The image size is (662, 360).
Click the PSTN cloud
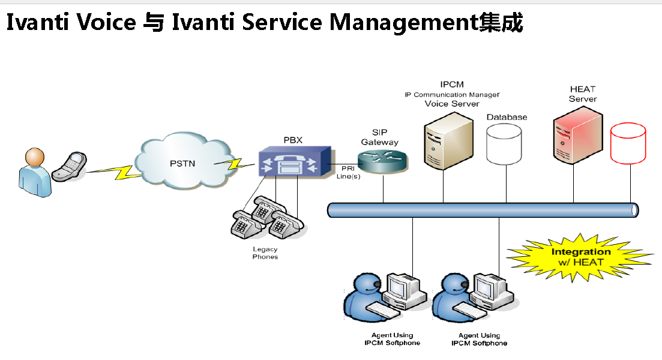tap(182, 161)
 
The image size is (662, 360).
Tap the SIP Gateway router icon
tap(382, 161)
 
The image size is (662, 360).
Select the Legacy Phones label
tap(265, 253)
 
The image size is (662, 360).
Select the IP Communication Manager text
tap(452, 94)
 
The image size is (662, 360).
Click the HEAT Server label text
tap(583, 94)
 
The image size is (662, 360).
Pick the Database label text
tap(507, 117)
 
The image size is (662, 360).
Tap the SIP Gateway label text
tap(379, 137)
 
